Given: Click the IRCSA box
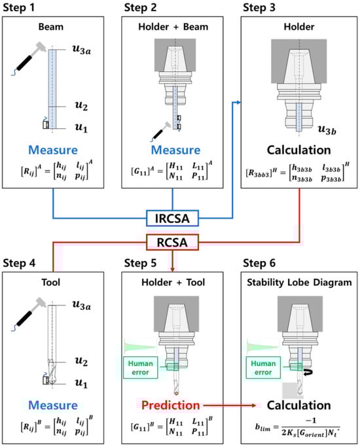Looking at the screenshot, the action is pos(172,218).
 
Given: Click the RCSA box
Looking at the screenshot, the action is pos(172,243).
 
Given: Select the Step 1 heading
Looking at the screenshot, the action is pos(19,7).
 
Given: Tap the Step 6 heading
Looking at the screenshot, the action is pos(259,263).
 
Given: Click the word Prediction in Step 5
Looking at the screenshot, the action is pos(170,405).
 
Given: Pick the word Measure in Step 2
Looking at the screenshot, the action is pos(175,150).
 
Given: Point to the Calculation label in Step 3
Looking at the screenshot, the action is pos(299,150).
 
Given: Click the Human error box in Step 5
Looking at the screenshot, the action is pos(140,368).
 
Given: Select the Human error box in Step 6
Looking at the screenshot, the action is pos(263,368).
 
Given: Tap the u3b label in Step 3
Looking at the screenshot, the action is pos(327,129).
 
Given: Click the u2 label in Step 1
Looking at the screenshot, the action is pos(81,105).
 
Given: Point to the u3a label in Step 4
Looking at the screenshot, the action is pos(82,305).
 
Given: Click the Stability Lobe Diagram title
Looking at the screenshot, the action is pos(299,283).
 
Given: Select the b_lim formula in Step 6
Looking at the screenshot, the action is pos(298,428).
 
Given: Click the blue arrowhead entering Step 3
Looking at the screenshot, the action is pos(239,103).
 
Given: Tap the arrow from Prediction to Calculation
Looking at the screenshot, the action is pos(230,405).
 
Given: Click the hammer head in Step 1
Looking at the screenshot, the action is pos(40,47).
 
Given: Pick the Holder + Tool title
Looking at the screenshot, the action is pos(173,283).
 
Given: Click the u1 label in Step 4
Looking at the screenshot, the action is pos(81,383).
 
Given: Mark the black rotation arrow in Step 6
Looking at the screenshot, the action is pos(308,372).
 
